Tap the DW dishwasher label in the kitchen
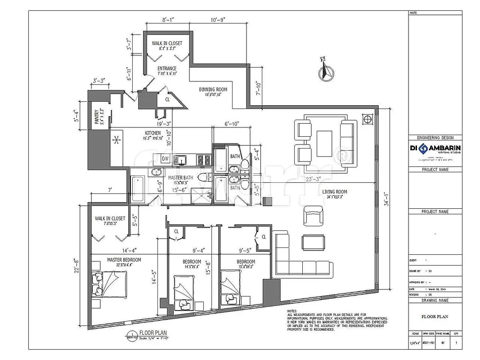coord(165,158)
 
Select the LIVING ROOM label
coord(334,192)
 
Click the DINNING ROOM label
coord(213,90)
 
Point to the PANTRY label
coord(96,118)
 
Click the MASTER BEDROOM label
coord(124,260)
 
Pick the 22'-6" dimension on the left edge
coord(77,265)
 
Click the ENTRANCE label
coord(167,69)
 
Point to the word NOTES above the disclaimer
coord(293,311)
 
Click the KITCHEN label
coord(153,133)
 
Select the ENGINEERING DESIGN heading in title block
coord(435,138)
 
